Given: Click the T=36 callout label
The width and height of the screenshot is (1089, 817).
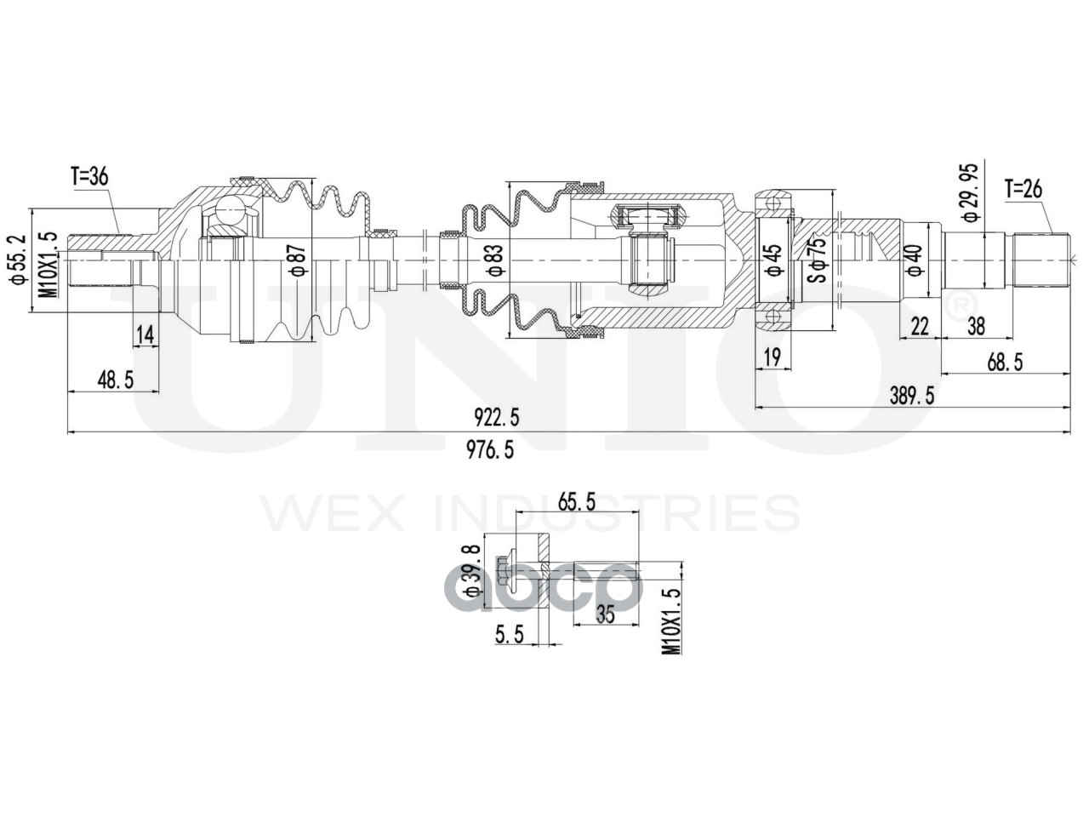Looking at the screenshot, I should click(89, 178).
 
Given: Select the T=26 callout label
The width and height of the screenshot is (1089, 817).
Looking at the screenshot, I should click(1024, 188).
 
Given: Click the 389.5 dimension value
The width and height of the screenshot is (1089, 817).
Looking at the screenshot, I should click(910, 395).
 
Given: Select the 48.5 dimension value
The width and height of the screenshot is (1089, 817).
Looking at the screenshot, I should click(116, 380).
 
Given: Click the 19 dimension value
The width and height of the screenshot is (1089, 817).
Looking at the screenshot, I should click(773, 358).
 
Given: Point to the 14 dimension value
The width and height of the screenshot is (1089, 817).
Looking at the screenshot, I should click(145, 335).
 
